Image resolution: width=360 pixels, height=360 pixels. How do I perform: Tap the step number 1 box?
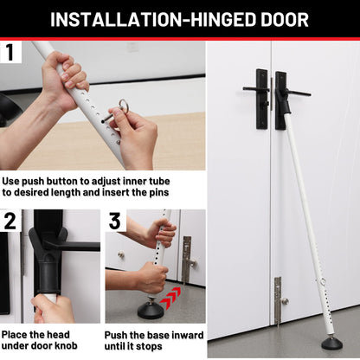(x=10, y=52)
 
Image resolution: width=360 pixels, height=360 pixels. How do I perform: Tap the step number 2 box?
(x=10, y=221)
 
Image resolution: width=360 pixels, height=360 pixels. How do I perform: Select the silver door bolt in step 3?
(x=187, y=259)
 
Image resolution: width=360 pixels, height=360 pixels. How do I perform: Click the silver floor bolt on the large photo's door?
(x=277, y=299)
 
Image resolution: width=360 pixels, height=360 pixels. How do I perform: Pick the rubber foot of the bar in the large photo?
(x=332, y=343)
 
